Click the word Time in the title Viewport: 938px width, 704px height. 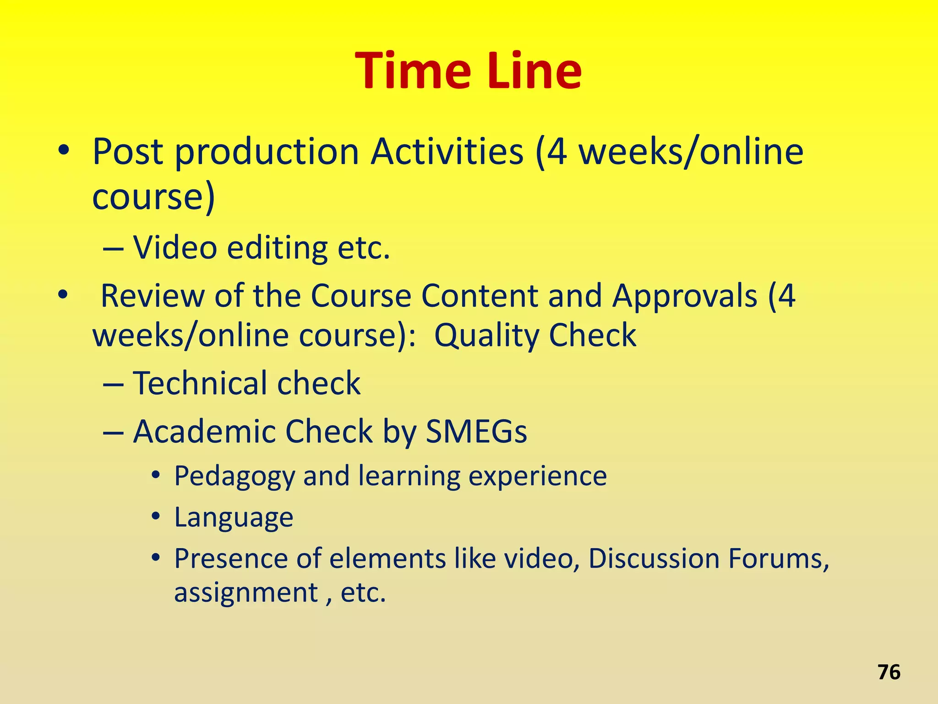413,71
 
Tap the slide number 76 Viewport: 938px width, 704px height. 889,672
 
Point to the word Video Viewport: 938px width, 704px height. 175,247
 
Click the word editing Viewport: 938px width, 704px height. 277,248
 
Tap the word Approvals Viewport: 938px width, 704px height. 685,296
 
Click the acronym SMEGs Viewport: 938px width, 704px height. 476,431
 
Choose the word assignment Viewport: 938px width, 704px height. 246,593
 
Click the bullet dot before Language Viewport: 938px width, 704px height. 156,517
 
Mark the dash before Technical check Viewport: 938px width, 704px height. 113,385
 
